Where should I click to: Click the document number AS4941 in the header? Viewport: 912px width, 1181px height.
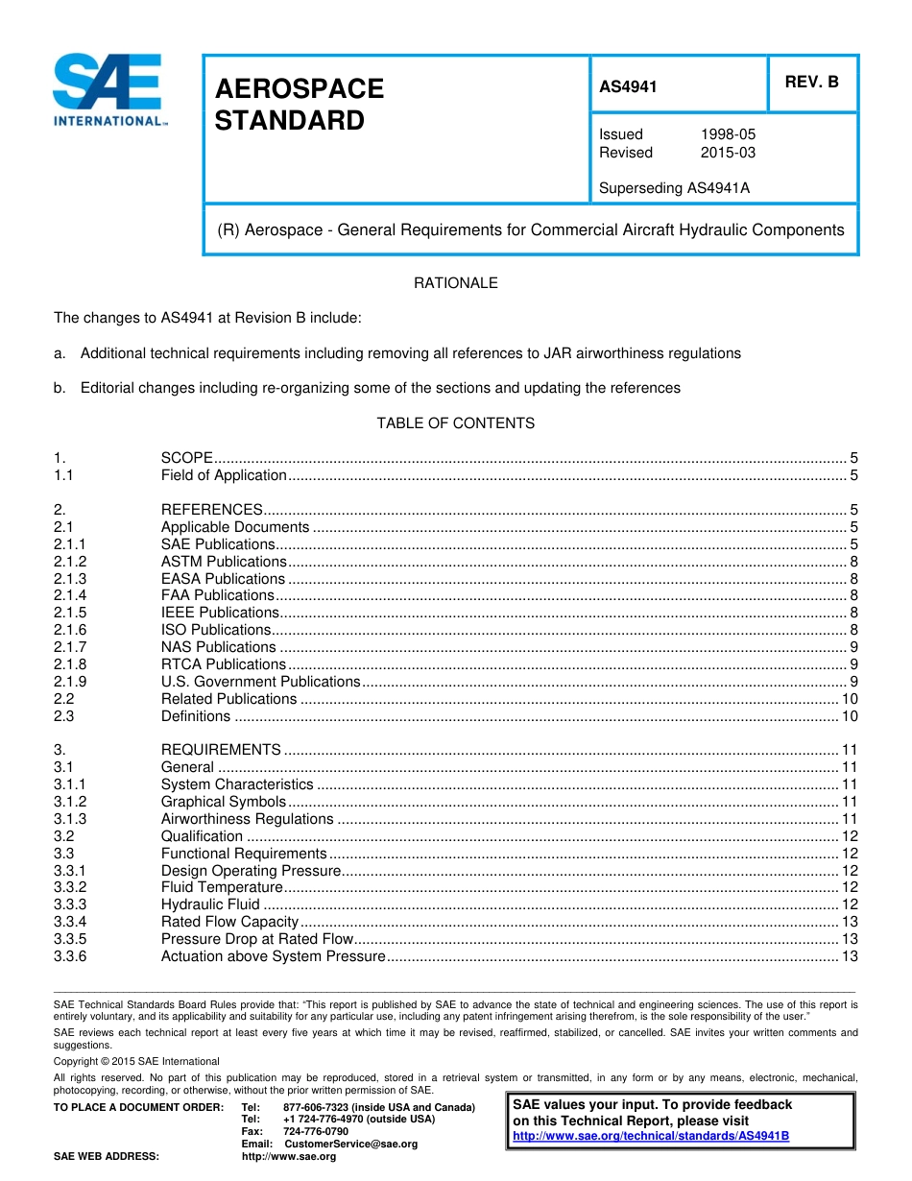click(628, 86)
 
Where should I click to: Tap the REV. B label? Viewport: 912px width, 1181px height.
click(811, 82)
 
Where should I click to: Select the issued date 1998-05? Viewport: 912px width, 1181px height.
click(728, 134)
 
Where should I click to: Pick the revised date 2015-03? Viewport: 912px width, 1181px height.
click(728, 153)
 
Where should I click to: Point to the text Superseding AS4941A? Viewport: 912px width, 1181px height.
click(674, 188)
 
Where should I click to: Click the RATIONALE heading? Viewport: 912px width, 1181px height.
click(455, 283)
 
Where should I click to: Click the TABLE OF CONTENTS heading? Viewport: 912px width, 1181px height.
click(455, 423)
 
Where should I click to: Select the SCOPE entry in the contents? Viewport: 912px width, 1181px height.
click(187, 458)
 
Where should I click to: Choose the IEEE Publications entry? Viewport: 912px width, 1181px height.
click(220, 613)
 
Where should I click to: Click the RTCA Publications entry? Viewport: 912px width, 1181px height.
click(223, 664)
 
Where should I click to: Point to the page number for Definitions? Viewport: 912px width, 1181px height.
click(849, 716)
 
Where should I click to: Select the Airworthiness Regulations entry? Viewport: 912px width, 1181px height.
click(247, 819)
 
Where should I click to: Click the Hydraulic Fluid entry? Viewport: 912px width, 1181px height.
click(210, 904)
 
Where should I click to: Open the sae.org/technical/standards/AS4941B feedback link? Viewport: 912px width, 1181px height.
click(651, 1136)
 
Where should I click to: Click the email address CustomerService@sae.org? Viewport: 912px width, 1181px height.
click(351, 1145)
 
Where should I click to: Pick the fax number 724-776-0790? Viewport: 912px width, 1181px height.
click(316, 1132)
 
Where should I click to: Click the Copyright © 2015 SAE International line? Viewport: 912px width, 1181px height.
click(136, 1061)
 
